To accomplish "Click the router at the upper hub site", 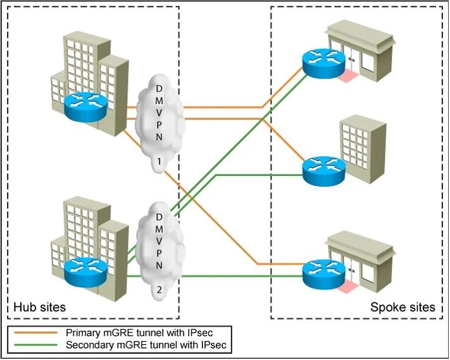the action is tap(86, 106).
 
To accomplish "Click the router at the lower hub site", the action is tap(85, 272).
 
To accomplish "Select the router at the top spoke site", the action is tap(323, 63).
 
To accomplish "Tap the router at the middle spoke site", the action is tap(324, 171).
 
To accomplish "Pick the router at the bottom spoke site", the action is tap(324, 275).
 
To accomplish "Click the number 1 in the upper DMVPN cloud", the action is tap(159, 162).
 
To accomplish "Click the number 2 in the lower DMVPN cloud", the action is tap(159, 290).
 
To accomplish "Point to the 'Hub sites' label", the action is tap(40, 307).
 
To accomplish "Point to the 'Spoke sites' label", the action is tap(403, 307).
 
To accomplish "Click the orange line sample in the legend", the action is tap(36, 333).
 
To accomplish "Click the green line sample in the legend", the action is tap(36, 345).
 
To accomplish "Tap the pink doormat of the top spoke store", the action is tap(348, 75).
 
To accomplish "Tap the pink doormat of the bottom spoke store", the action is tap(348, 287).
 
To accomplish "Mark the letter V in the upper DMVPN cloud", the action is tap(159, 113).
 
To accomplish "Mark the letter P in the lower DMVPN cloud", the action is tap(159, 253).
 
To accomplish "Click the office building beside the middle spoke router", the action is tap(363, 149).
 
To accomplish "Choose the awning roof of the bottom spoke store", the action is tap(361, 244).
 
